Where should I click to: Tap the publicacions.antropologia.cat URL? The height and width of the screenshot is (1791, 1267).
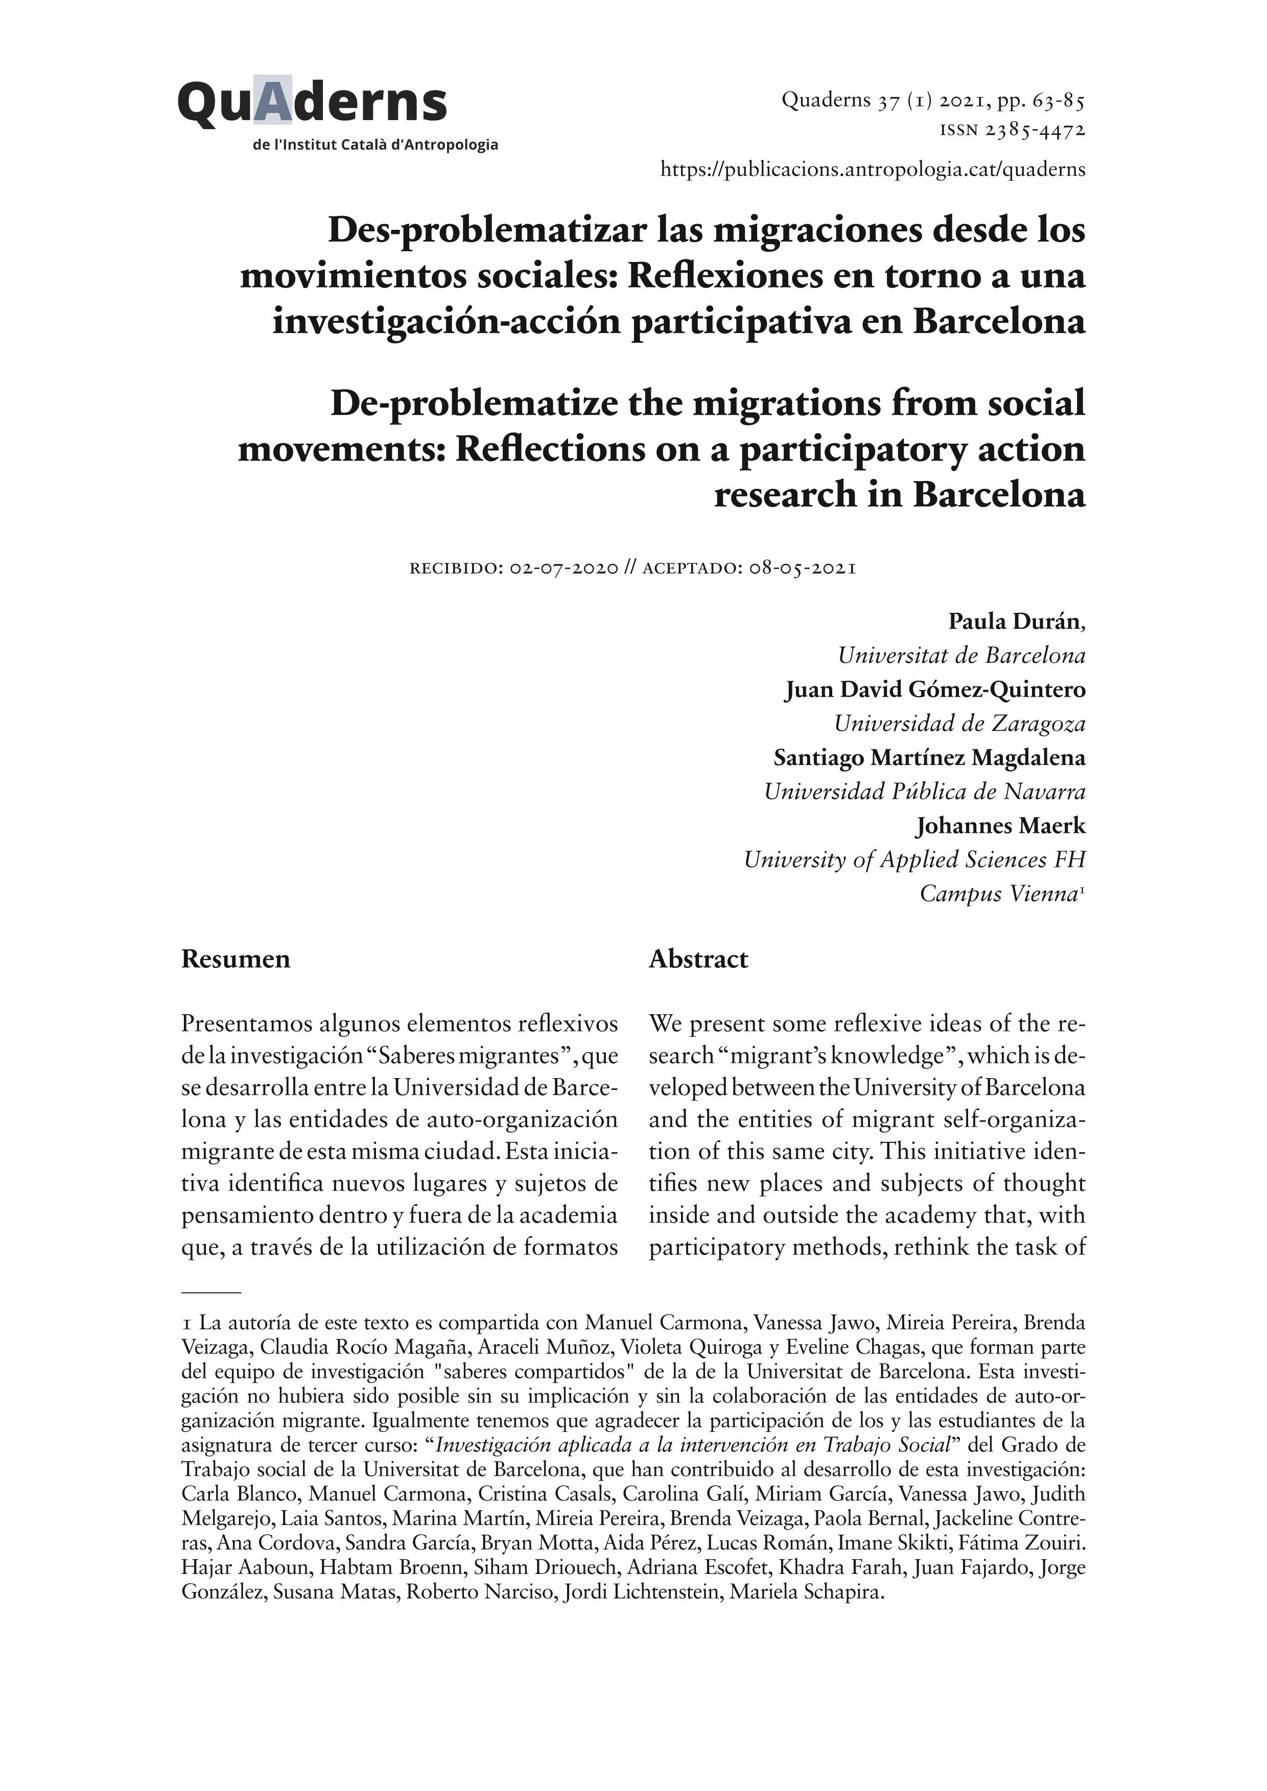click(x=872, y=169)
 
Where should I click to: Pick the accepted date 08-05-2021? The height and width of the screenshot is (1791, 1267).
click(x=803, y=568)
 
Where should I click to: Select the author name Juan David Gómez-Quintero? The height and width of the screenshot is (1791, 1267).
click(x=934, y=689)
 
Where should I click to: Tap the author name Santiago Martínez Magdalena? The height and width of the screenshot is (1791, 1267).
click(x=929, y=757)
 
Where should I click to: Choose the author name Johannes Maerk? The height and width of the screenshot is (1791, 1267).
click(x=1000, y=825)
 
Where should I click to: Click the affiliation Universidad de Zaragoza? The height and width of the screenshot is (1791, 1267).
click(x=959, y=724)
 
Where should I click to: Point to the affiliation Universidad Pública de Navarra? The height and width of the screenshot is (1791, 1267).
click(x=925, y=792)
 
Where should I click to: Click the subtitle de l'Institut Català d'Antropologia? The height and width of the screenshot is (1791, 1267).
click(x=376, y=145)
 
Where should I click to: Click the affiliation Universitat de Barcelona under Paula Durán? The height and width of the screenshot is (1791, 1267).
click(x=961, y=656)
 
